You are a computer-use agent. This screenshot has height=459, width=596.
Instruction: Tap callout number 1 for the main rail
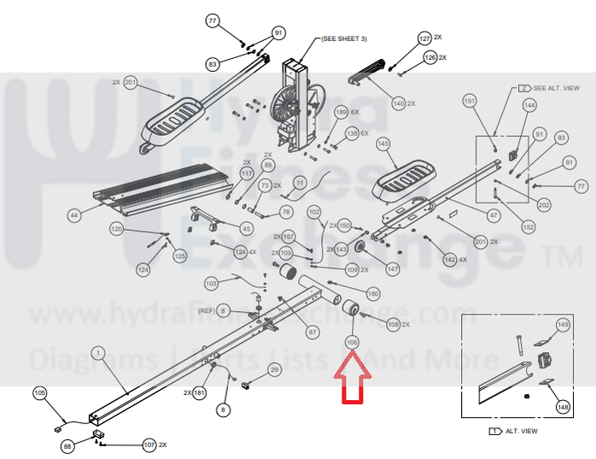pyautogui.click(x=97, y=351)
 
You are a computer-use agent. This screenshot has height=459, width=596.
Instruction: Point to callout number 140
pyautogui.click(x=398, y=103)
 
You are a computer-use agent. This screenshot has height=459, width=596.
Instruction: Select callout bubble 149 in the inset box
pyautogui.click(x=563, y=325)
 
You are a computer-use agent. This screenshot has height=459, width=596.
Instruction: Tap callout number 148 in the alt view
pyautogui.click(x=563, y=407)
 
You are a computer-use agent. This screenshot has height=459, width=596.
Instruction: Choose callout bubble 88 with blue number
pyautogui.click(x=67, y=445)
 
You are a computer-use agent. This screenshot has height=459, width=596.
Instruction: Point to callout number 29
pyautogui.click(x=274, y=369)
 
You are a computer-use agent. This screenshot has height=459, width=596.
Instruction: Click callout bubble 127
pyautogui.click(x=424, y=38)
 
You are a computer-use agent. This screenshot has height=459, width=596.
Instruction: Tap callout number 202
pyautogui.click(x=544, y=205)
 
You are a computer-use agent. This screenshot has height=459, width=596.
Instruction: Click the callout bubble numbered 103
pyautogui.click(x=211, y=283)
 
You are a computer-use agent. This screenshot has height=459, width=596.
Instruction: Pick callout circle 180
pyautogui.click(x=372, y=294)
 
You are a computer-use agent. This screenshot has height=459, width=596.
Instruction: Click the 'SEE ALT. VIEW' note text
pyautogui.click(x=557, y=88)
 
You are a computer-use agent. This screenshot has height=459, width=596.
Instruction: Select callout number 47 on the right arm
pyautogui.click(x=493, y=215)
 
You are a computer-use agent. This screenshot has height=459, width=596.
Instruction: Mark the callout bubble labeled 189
pyautogui.click(x=341, y=113)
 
